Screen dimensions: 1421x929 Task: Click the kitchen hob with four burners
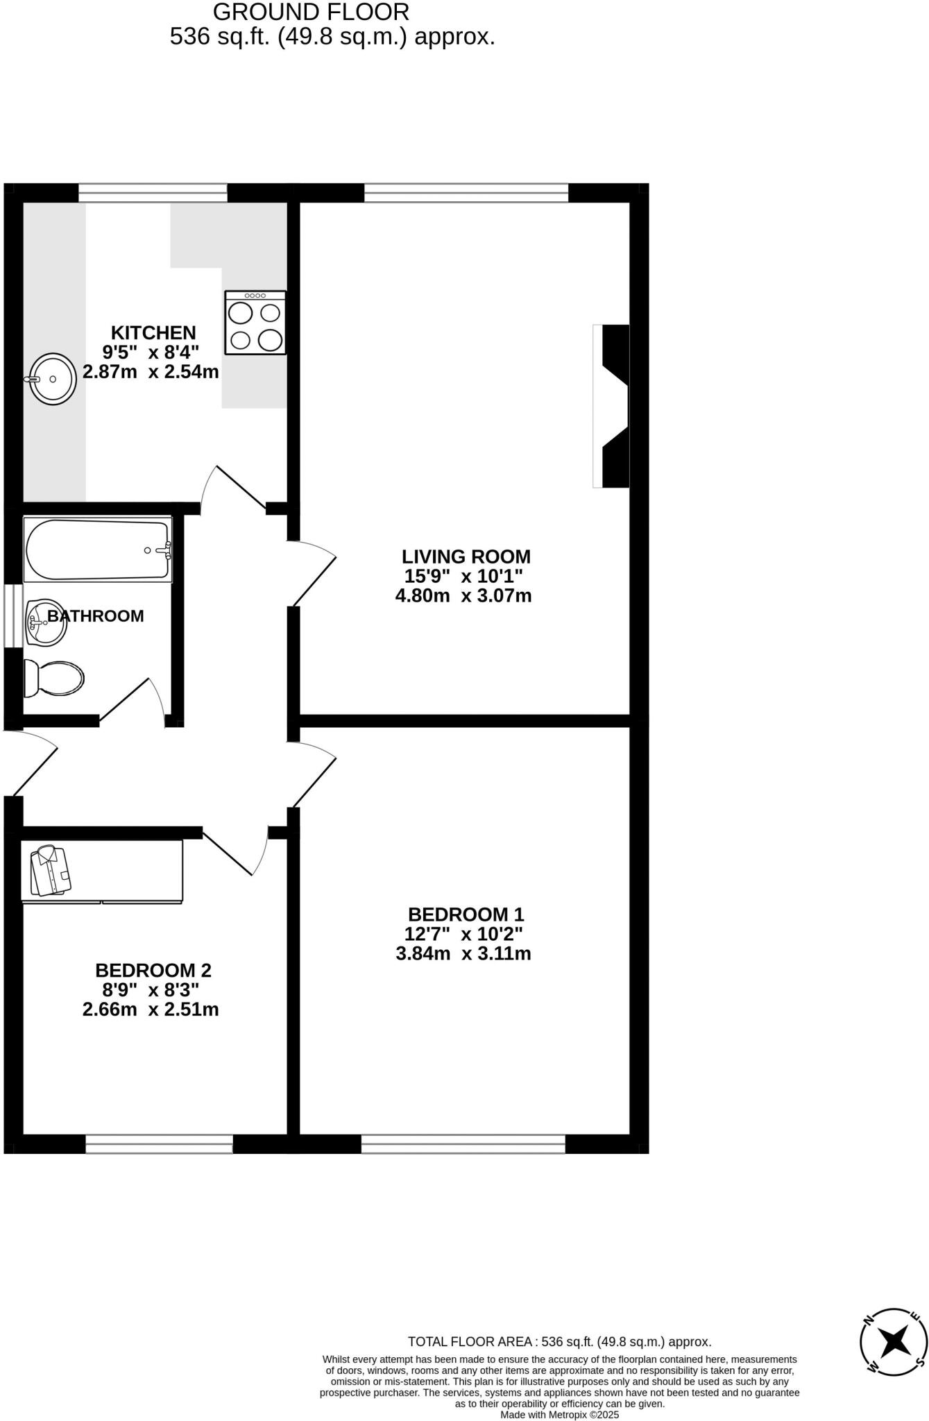[x=255, y=323]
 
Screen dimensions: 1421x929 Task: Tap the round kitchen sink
[x=53, y=378]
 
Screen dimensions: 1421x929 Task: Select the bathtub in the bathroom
[x=97, y=550]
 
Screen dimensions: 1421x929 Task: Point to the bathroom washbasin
[x=46, y=622]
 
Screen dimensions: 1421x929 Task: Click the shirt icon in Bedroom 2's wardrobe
[x=51, y=871]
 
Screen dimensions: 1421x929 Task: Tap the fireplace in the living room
[x=613, y=406]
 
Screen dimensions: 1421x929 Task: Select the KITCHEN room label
[x=153, y=333]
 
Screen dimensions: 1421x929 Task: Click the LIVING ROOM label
[x=466, y=556]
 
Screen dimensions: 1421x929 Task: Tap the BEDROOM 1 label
[x=466, y=914]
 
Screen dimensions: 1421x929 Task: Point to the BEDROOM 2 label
[x=153, y=970]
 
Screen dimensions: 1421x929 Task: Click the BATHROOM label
[x=96, y=616]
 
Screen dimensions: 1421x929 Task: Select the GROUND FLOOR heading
[x=311, y=12]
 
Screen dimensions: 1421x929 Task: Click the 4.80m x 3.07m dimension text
[x=463, y=595]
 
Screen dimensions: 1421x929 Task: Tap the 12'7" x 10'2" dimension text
[x=463, y=934]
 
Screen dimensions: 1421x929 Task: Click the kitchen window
[x=153, y=193]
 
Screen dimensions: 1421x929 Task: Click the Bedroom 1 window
[x=463, y=1144]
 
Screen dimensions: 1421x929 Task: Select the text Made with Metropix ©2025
[x=560, y=1415]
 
